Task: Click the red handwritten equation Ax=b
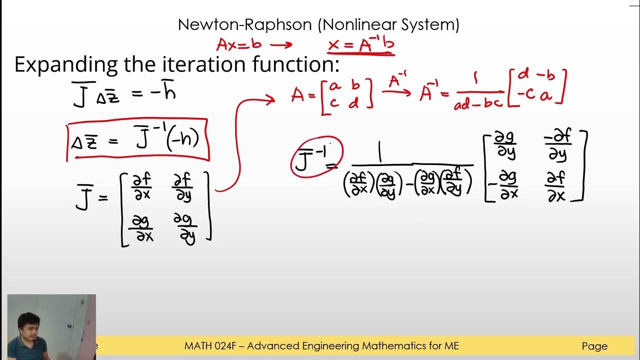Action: coord(239,44)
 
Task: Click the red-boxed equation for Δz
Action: coord(137,139)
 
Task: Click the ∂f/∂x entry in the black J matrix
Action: coord(141,186)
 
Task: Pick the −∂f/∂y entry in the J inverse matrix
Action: coord(557,145)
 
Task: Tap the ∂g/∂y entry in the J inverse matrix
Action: coord(505,145)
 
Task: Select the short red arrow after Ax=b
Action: coord(281,45)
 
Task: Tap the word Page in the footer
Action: coord(594,346)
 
